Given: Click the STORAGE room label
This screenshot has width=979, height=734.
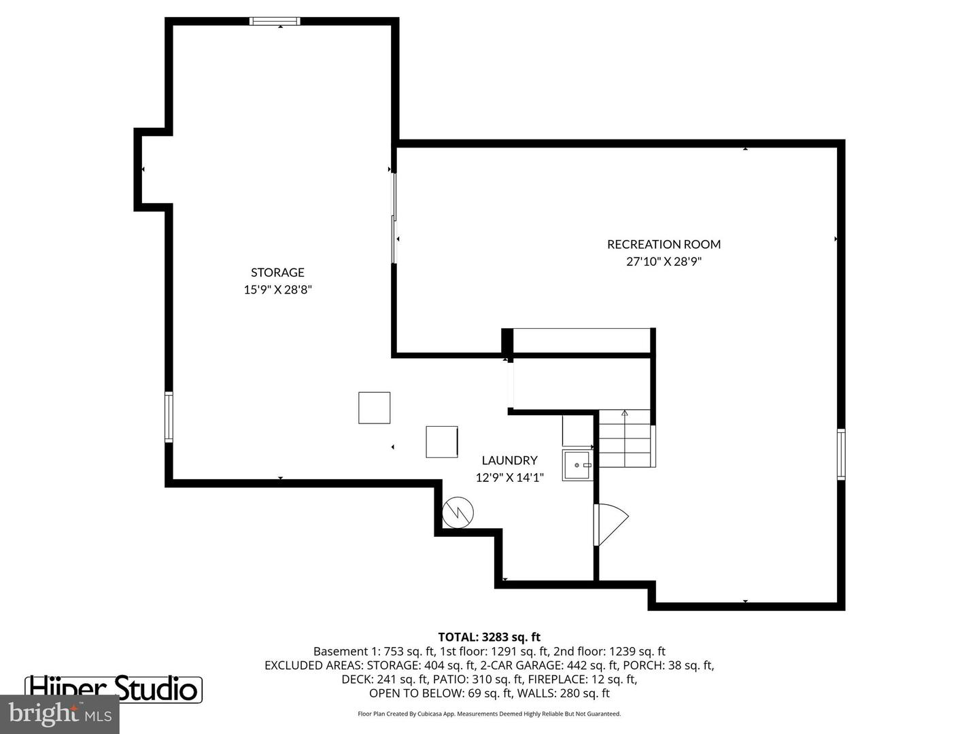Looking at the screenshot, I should tap(277, 273).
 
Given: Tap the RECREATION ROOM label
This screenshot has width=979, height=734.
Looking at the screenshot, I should tap(664, 244).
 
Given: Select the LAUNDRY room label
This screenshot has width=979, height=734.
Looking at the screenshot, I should tap(509, 460).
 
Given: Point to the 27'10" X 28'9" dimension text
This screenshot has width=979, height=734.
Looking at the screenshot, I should tap(664, 262).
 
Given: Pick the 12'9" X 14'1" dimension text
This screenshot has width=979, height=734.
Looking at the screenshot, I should tap(509, 478).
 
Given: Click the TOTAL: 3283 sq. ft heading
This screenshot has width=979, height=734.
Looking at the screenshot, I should tap(489, 637).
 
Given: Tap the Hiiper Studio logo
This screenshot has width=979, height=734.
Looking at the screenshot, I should tap(114, 688).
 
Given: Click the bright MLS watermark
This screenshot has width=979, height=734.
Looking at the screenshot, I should tap(60, 714).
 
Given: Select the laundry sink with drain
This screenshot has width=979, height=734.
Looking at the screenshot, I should tap(577, 466).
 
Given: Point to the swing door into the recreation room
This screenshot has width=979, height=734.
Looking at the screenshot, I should tap(610, 524).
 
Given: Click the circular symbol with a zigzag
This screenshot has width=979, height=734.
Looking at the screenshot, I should tap(458, 512).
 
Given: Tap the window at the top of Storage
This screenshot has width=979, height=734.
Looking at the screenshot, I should tap(275, 21).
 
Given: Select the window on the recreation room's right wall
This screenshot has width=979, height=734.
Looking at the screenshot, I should tap(841, 454).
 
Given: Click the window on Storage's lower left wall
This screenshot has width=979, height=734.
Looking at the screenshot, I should tap(169, 417).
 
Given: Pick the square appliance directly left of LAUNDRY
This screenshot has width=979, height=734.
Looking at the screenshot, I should tap(442, 442).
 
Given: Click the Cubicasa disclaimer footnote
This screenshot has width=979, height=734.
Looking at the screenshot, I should tap(489, 714).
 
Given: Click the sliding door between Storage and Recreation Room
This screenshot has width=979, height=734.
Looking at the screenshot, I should tap(394, 217).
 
